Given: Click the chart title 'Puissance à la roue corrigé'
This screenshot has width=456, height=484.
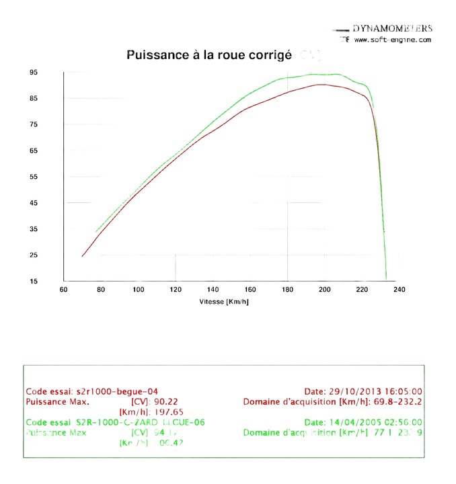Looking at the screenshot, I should point(209,56).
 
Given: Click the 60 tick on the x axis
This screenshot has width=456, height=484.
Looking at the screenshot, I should point(64,290).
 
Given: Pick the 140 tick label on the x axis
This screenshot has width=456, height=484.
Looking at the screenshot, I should point(213,290).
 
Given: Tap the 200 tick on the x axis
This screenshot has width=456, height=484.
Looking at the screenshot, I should point(324,290).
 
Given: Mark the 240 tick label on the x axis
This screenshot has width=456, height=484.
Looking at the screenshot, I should point(399,290).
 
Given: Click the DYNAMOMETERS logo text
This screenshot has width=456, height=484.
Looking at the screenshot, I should point(392,29).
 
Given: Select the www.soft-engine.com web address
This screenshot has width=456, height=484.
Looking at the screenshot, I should point(392,40).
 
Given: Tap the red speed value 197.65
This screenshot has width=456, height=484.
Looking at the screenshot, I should point(170,411).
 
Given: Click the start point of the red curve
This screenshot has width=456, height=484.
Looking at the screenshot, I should point(82,256).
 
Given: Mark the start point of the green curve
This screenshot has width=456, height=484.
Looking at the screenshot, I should point(96,232).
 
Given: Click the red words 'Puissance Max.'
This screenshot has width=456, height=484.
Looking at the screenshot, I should point(57,401).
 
